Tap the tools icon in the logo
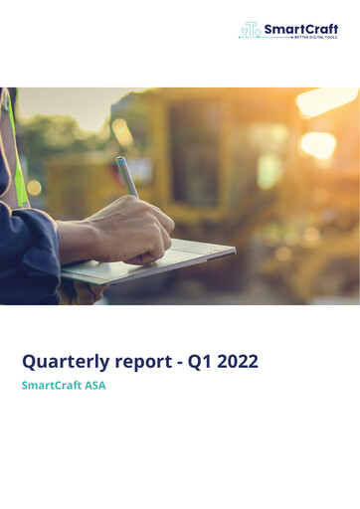click(250, 31)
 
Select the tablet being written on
click(149, 260)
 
